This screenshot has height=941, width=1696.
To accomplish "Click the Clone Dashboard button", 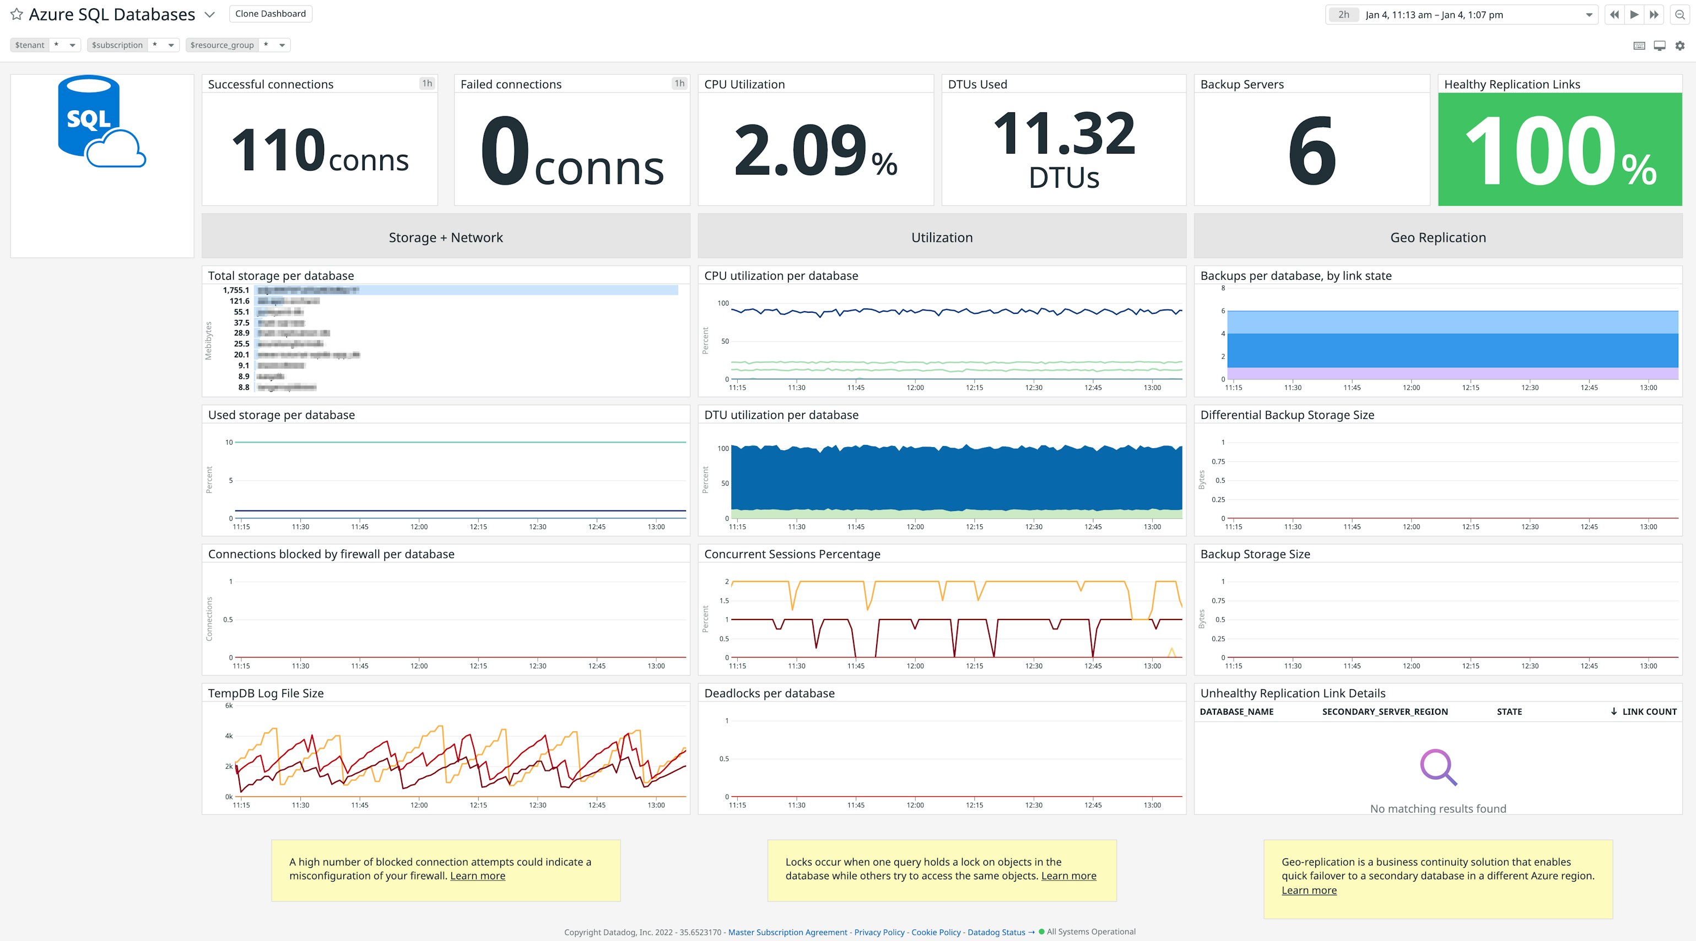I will [270, 14].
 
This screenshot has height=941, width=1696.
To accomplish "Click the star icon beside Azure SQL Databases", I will [17, 14].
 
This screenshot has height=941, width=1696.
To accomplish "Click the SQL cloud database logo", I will [101, 122].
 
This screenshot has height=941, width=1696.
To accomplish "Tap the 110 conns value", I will [320, 151].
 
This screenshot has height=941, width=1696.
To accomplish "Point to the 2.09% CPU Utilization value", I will [815, 151].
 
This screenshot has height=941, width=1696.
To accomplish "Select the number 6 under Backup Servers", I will [1311, 151].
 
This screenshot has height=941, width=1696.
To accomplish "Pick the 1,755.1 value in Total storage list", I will [236, 290].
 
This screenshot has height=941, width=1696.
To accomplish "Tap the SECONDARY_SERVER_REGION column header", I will [1385, 711].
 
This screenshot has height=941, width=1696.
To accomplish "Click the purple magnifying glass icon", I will [1438, 766].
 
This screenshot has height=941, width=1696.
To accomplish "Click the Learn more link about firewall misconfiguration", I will [477, 876].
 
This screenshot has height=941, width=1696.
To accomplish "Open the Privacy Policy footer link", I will [879, 932].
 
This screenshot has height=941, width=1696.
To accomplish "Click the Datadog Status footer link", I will [996, 932].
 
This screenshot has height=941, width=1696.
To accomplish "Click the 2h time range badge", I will [1343, 14].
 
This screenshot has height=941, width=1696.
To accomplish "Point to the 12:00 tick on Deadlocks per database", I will [915, 805].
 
